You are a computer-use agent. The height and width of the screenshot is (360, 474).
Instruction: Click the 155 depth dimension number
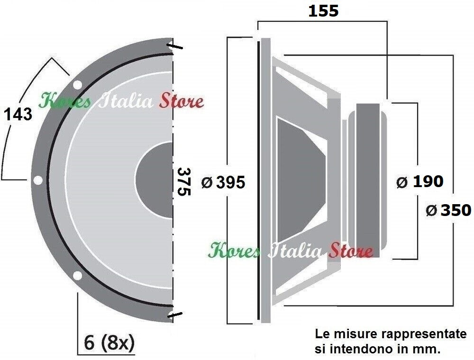(323, 11)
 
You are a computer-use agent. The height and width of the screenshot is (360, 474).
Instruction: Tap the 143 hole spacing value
(18, 114)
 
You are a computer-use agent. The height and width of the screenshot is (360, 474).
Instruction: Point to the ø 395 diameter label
(223, 182)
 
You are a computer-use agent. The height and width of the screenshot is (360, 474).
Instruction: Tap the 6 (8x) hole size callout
(109, 342)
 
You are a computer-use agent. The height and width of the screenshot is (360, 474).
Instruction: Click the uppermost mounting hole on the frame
(77, 85)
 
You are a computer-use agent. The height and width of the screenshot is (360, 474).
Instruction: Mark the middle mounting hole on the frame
(37, 180)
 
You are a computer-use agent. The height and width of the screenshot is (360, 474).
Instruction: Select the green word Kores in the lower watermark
(234, 251)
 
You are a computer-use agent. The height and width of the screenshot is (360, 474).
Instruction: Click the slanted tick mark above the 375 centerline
(173, 47)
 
